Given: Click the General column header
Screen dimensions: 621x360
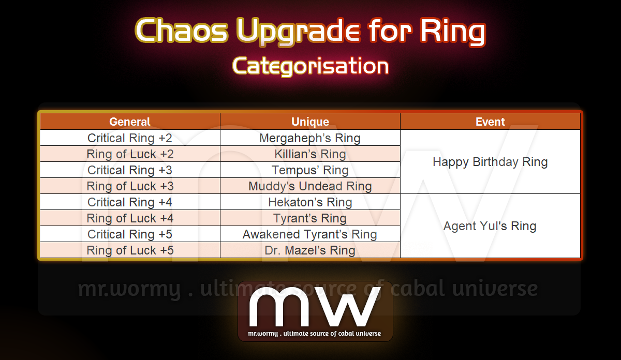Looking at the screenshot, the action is coord(130,122).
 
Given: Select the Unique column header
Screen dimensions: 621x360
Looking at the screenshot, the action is coord(310,122).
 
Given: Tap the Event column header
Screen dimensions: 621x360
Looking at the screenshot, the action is coord(490,122).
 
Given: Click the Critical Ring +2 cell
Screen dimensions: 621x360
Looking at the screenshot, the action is coord(130,138).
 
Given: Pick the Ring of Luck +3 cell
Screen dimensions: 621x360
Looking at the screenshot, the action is coord(130,186).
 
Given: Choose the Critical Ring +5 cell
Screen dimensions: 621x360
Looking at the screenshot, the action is coord(130,234).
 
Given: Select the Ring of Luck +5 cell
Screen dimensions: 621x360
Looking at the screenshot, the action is coord(130,250).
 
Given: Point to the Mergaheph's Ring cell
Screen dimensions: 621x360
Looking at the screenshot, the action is coord(310,138).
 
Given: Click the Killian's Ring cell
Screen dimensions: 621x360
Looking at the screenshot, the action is coord(310,154).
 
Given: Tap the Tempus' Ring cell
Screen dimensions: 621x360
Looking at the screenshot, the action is coord(310,170).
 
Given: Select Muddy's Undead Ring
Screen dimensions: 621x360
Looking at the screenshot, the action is coord(310,186).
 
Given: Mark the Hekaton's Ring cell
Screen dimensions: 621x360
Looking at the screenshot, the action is coord(310,202).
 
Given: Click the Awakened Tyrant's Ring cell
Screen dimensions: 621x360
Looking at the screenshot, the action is coord(310,234).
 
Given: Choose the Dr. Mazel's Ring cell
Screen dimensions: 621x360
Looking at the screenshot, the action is coord(310,250).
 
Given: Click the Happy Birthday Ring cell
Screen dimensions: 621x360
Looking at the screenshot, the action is coord(490,162).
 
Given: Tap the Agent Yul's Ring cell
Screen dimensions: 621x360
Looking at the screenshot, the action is coord(490,226).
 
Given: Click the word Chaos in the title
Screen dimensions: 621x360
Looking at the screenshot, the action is coord(182,30).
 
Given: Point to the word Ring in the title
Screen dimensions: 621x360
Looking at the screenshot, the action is coord(452,32).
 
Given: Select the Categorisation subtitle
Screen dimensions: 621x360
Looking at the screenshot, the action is coord(310,66).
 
